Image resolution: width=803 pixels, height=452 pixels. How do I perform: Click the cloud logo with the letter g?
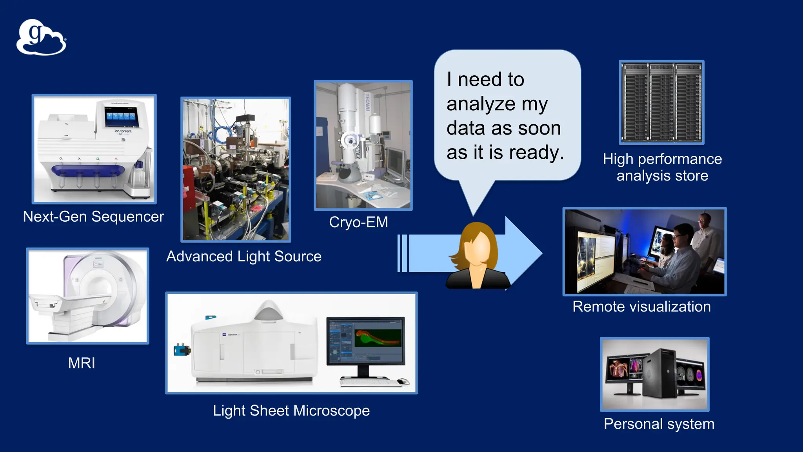click(41, 37)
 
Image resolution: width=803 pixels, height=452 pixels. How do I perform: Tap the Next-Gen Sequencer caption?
click(93, 217)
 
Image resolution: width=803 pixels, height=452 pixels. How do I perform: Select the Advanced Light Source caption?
click(244, 257)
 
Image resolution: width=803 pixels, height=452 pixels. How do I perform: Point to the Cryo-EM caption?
click(358, 222)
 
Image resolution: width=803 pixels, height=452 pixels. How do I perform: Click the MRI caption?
click(82, 363)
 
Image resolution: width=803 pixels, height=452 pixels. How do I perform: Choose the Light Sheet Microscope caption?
click(291, 411)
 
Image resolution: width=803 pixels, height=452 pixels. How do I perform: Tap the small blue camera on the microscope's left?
click(181, 349)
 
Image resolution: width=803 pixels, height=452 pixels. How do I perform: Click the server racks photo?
click(661, 102)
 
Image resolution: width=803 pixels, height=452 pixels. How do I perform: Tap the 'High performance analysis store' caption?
click(662, 167)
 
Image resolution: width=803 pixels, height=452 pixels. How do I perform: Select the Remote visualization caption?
click(641, 306)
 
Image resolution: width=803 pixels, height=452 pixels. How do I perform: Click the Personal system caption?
click(659, 424)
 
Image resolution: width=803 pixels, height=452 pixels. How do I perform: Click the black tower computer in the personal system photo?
click(659, 375)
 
